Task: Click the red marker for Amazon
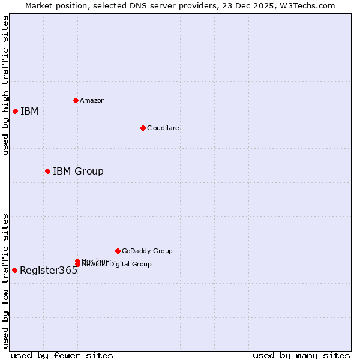(x=76, y=100)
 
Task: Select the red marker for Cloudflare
(x=143, y=128)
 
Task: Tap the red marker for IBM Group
(x=47, y=171)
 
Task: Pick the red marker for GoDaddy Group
(x=118, y=251)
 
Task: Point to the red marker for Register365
(x=14, y=270)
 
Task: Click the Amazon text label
(x=92, y=100)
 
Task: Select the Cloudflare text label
(x=163, y=128)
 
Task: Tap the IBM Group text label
(x=78, y=171)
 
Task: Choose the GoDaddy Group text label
(x=147, y=251)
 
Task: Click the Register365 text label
(x=49, y=270)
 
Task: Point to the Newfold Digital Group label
(x=116, y=265)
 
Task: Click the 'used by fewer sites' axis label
(x=62, y=355)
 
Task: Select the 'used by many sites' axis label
(x=301, y=355)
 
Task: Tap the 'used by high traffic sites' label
(x=5, y=85)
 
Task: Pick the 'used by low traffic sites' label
(x=5, y=281)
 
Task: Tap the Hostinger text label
(x=97, y=260)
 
